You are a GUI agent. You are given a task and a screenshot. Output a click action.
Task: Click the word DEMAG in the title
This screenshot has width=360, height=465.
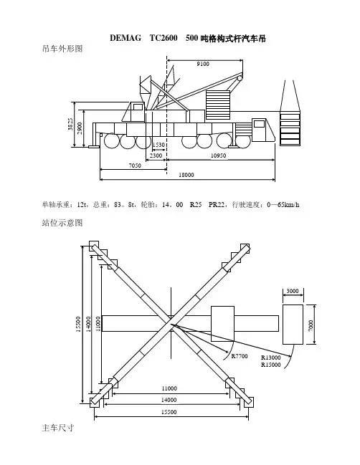125,38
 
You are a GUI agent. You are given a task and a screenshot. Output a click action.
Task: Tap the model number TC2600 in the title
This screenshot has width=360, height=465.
164,38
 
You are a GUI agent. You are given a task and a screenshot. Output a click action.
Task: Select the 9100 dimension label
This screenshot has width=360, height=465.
203,64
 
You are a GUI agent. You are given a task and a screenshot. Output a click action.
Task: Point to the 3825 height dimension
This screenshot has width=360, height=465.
70,124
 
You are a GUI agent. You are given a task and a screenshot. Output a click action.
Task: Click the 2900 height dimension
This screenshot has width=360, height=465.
80,128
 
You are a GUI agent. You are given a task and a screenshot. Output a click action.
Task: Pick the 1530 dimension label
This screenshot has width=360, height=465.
158,145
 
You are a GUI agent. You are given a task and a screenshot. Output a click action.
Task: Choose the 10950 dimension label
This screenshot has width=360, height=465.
219,155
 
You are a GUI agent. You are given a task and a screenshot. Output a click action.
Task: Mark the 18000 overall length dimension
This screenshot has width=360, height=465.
186,175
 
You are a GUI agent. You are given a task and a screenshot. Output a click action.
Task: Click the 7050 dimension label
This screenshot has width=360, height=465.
135,166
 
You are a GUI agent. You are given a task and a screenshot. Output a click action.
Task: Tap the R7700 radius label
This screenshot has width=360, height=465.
240,356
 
